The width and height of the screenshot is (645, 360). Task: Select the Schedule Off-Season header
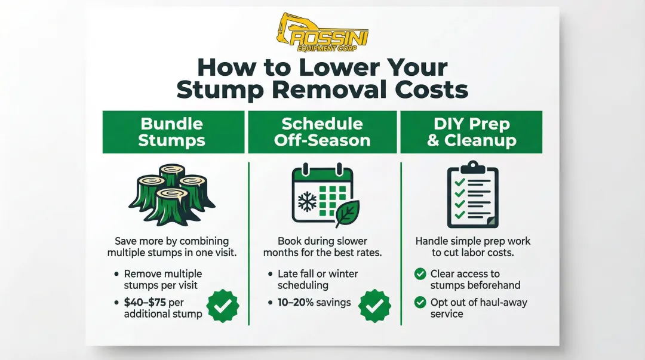[x=322, y=132]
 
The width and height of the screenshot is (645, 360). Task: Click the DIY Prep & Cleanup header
[x=471, y=132]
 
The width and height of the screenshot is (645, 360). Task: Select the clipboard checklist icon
[x=472, y=194]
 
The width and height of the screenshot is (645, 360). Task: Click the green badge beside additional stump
[x=222, y=306]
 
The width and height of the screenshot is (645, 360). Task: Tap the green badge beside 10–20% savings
[x=374, y=306]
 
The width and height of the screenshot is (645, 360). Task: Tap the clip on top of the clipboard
[x=472, y=167]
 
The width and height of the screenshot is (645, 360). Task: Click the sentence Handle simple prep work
[x=472, y=241]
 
